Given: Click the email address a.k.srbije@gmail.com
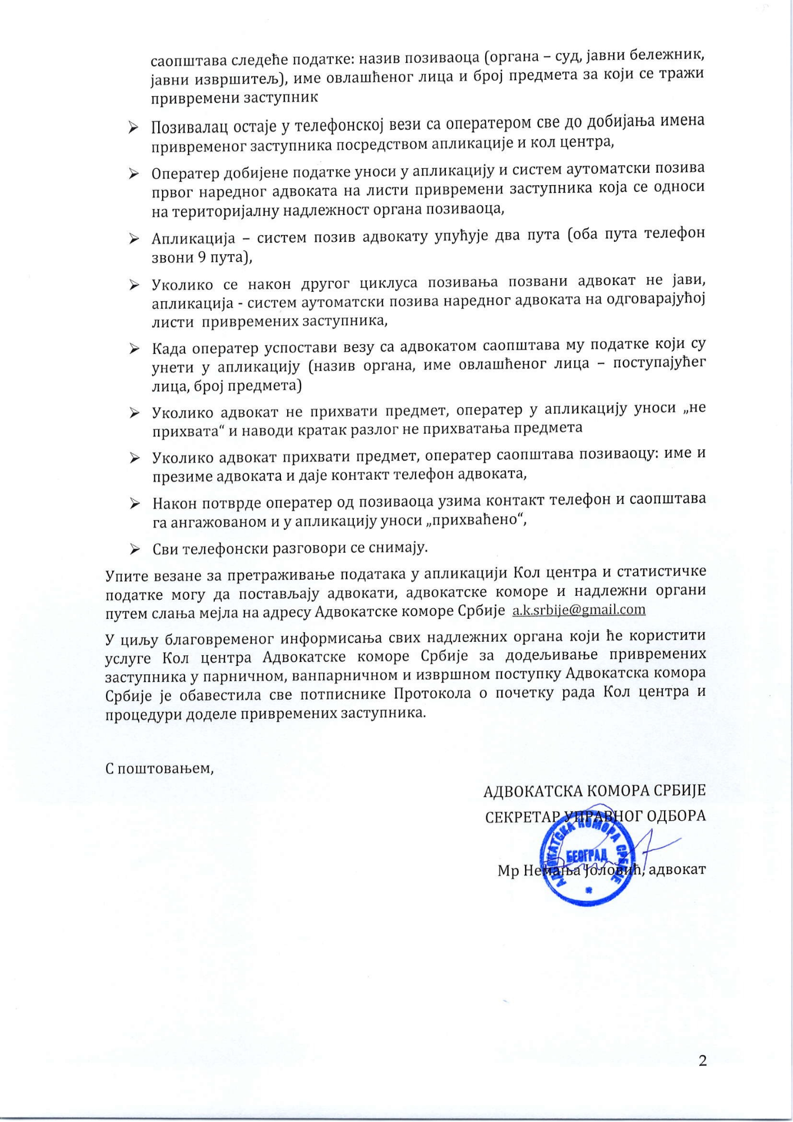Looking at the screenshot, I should click(x=579, y=610).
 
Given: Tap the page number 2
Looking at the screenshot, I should click(x=703, y=1060).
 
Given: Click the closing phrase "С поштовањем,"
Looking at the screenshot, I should click(x=160, y=767).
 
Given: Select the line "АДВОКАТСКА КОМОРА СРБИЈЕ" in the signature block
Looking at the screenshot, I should click(x=594, y=791).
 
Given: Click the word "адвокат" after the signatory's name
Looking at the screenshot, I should click(x=677, y=870).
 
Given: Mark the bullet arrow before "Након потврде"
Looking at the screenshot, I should click(x=135, y=504).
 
